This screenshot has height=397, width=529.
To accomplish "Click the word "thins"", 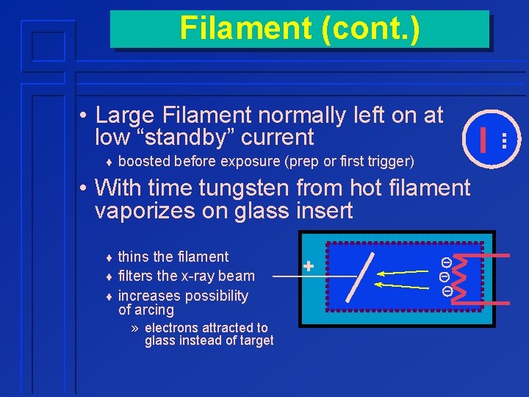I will (134, 257).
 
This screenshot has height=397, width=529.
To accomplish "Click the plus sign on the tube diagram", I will (309, 266).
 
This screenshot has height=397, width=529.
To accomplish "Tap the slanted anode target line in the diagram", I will (364, 275).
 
